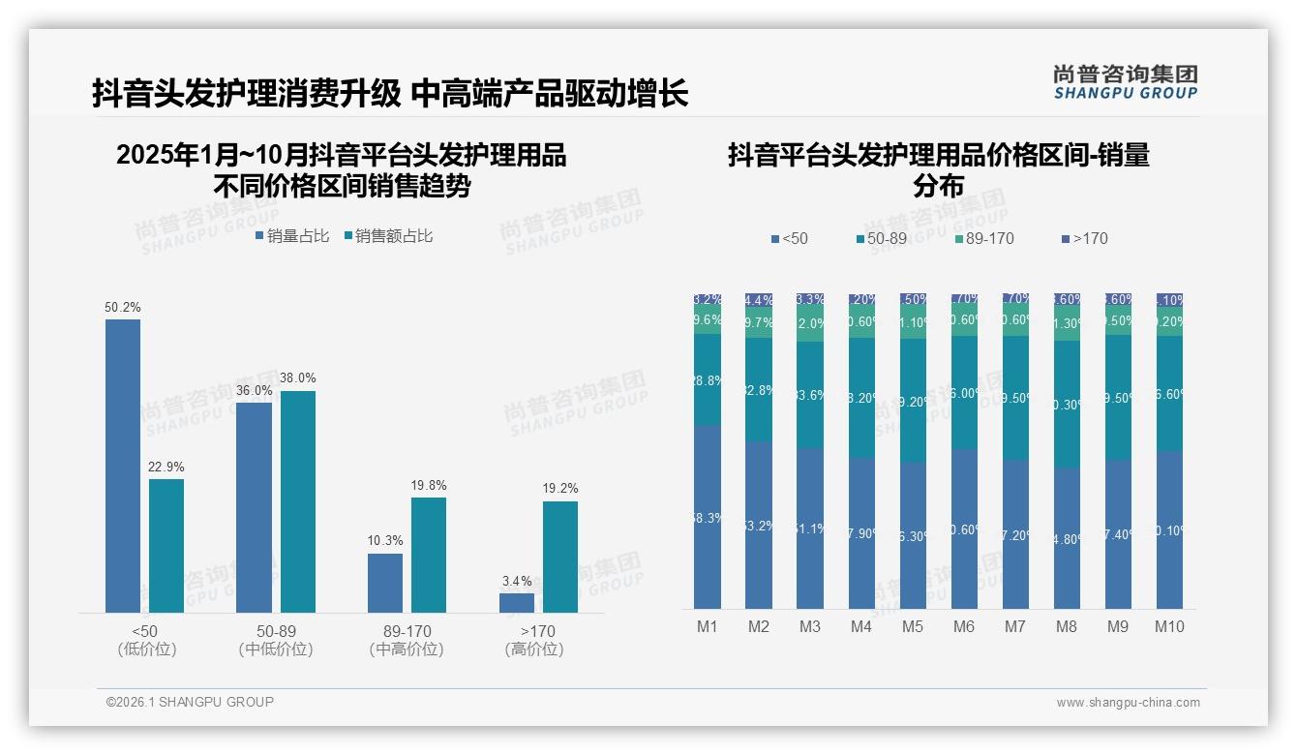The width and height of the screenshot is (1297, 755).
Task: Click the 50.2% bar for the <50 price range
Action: coord(123,466)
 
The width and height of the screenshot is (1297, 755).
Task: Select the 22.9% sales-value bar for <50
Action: coord(166,546)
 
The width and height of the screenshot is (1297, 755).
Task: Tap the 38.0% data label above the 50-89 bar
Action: coord(298,378)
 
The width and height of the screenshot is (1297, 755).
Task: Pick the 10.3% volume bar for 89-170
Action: coord(385,583)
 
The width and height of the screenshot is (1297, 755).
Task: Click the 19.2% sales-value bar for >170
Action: coord(560,557)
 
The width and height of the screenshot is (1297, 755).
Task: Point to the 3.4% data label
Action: coord(517,582)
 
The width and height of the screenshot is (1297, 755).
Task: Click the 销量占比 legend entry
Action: coord(292,236)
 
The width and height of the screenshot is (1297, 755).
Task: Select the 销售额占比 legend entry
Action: coord(388,236)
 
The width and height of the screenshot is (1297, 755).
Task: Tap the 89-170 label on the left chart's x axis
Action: coord(407,632)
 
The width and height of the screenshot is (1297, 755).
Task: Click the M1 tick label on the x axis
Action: coord(708,626)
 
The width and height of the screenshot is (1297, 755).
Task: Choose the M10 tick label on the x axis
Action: coord(1169,626)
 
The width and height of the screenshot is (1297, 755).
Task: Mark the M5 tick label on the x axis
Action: coord(913,626)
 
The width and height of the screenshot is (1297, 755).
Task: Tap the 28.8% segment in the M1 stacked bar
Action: coord(708,380)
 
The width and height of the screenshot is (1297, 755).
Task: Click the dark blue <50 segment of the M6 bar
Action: coord(964,528)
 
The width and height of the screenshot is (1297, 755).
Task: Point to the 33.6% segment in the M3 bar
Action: coord(810,395)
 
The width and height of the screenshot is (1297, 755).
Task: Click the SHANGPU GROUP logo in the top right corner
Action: coord(1125,82)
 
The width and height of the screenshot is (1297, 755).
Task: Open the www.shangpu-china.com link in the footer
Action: coord(1128,703)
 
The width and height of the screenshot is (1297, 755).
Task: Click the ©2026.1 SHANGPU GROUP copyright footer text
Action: coord(190,702)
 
